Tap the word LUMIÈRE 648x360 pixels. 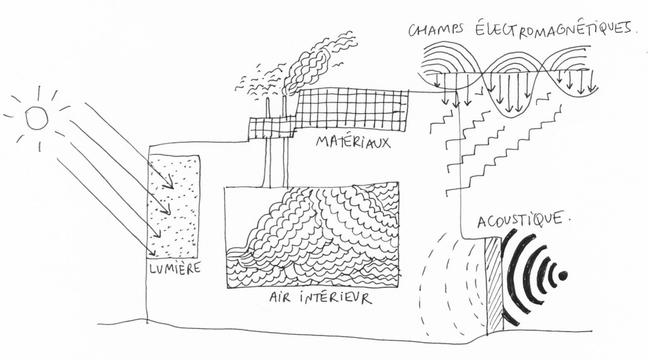click(x=174, y=269)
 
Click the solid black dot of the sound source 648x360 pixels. click(x=563, y=275)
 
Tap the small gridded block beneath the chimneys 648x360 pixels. click(x=266, y=127)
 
